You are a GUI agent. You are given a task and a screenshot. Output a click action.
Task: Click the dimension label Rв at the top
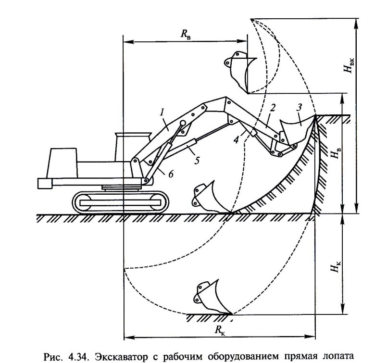point(186,34)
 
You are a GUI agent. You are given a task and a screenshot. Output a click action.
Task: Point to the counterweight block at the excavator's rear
point(45,183)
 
